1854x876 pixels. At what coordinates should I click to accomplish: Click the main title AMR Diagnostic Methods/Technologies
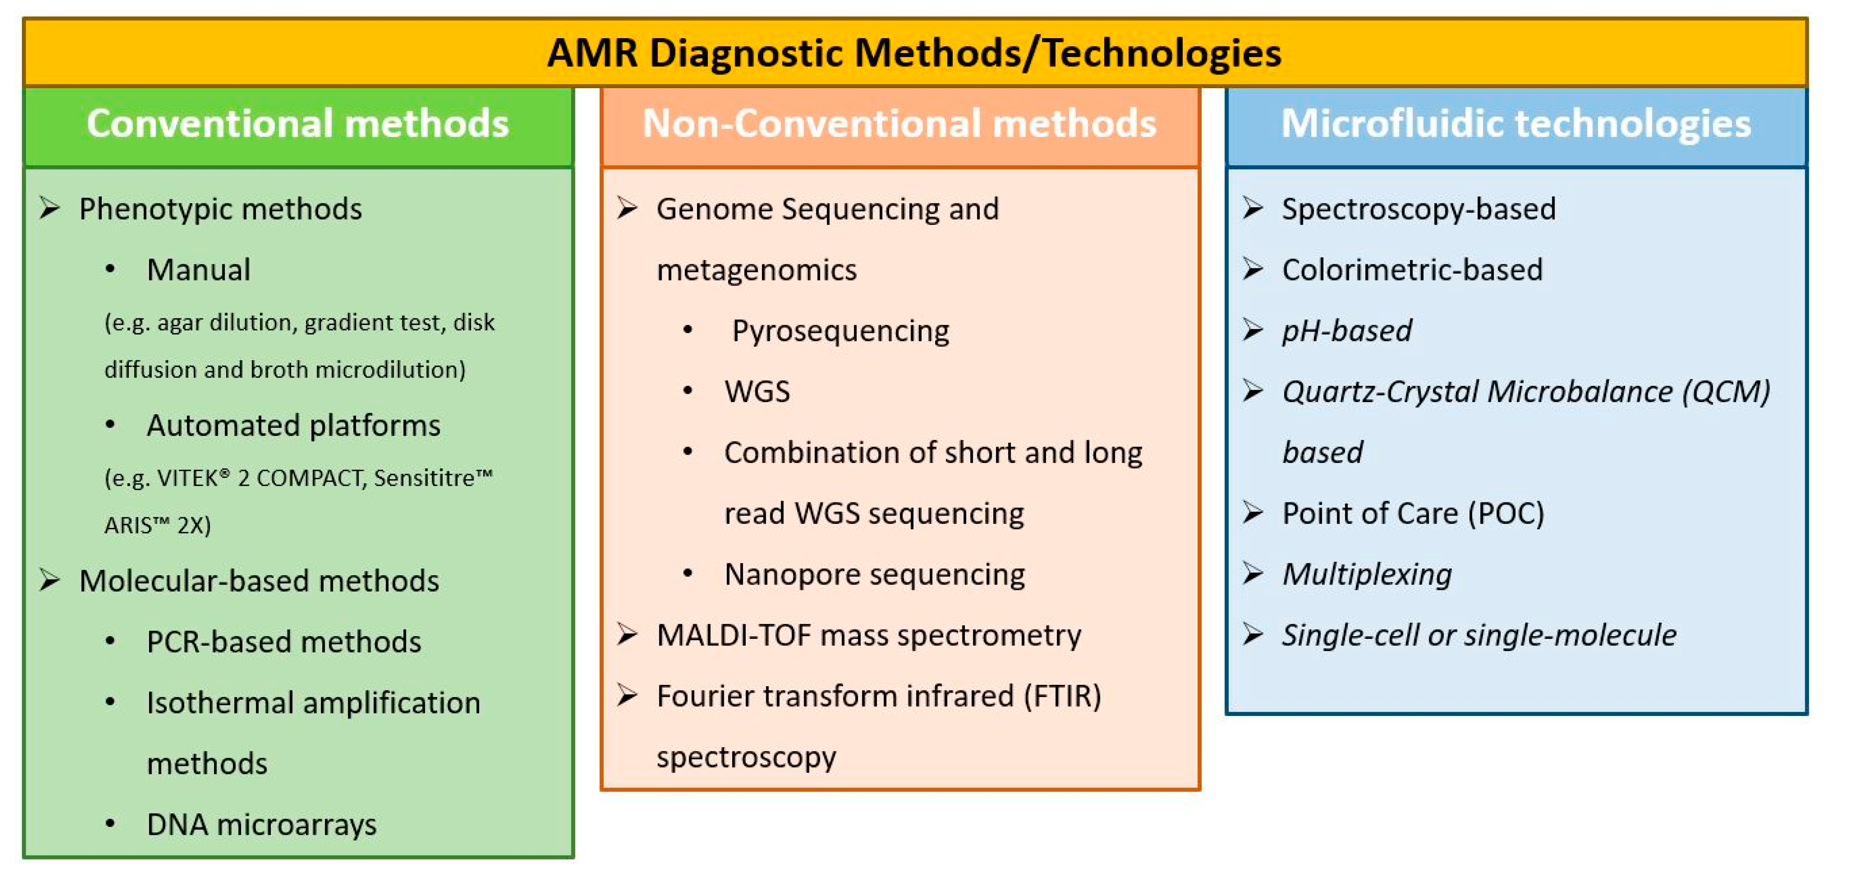[914, 53]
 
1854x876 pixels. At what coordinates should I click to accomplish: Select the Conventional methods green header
[298, 124]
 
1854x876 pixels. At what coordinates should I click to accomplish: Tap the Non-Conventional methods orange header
[900, 124]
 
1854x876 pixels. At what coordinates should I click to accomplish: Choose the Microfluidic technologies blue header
[1516, 124]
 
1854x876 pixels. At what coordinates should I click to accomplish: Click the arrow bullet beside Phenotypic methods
[50, 209]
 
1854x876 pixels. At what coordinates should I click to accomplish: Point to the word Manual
[199, 270]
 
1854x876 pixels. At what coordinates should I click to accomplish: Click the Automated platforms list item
[294, 425]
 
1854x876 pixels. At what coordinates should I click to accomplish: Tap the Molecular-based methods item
[259, 581]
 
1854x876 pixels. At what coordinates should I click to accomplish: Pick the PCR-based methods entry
[284, 642]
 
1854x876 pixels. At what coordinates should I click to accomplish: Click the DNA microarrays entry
[261, 825]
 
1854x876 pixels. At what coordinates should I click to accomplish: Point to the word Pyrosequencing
[840, 331]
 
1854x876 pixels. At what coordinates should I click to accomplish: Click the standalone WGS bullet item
[757, 392]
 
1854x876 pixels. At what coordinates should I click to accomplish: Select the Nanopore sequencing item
[875, 574]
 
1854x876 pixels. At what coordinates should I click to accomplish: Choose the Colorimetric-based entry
[1412, 270]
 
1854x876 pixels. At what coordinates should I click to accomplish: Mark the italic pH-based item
[1347, 331]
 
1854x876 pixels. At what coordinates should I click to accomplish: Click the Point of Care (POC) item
[1413, 513]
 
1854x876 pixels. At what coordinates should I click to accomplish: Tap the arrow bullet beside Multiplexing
[1253, 574]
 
